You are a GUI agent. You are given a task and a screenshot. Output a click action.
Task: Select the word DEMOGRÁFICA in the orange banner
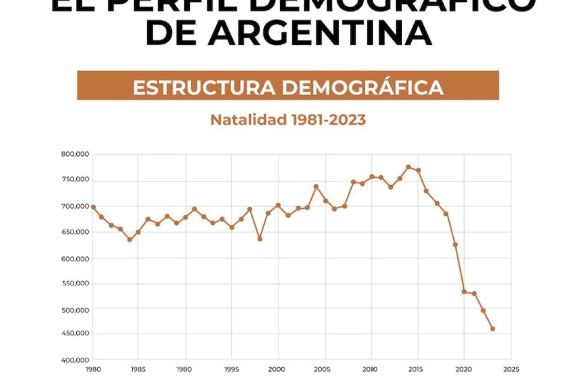(362, 88)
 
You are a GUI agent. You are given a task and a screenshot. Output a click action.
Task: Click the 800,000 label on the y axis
(75, 154)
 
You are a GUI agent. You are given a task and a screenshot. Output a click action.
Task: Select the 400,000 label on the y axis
(75, 360)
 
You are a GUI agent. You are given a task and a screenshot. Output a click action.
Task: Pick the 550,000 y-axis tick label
(75, 284)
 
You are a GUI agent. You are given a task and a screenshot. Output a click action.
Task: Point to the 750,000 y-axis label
(75, 180)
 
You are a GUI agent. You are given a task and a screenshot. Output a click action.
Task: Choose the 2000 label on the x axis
(277, 369)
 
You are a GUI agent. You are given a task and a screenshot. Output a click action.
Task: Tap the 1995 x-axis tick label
(231, 369)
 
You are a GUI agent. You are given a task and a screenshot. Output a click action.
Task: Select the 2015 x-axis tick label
(418, 369)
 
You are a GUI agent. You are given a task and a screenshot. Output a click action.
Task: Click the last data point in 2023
(492, 329)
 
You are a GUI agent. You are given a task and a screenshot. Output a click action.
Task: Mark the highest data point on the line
(409, 167)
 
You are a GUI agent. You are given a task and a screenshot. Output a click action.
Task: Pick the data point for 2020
(464, 291)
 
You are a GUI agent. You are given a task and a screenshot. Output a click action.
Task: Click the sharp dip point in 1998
(260, 239)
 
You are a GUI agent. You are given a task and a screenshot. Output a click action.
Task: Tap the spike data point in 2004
(316, 186)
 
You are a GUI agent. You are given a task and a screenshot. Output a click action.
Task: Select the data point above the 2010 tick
(371, 177)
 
